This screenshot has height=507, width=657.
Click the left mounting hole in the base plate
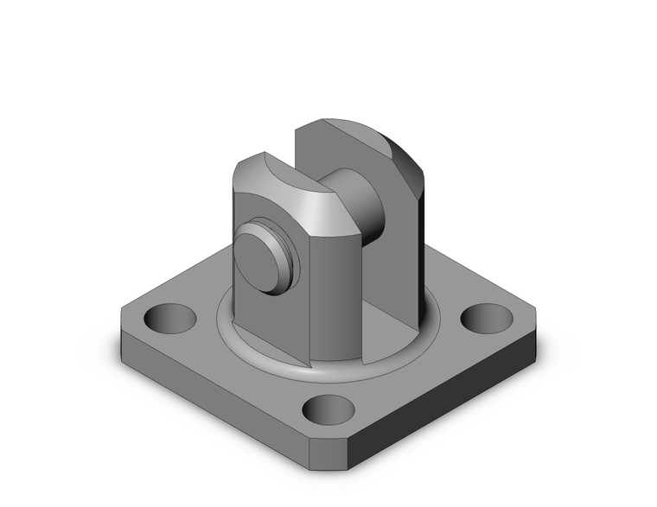click(169, 318)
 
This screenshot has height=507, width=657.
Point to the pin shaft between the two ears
click(360, 205)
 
